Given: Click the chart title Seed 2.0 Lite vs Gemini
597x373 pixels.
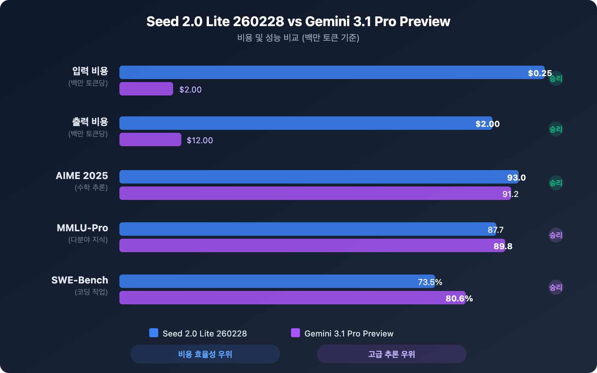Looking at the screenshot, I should point(298,22).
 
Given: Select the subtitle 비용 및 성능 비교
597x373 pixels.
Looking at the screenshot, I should point(298,38).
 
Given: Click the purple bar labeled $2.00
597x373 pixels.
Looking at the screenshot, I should point(146,89).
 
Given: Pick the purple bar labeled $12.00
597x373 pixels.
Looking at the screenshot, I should point(150,140).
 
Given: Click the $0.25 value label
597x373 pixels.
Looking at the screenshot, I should point(540,73).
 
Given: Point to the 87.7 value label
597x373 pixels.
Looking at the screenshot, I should point(496,230).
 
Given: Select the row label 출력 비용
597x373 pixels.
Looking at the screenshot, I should point(90,122).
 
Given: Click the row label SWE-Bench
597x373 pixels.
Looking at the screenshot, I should point(80,280).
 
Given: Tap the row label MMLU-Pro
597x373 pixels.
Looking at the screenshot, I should point(82,228).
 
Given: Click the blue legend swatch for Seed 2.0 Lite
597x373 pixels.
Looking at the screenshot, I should point(154,333).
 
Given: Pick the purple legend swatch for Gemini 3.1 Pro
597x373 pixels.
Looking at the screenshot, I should point(296,333).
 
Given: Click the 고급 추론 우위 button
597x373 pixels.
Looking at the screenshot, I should point(391,354).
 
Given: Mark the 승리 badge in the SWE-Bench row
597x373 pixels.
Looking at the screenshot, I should point(556,287).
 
